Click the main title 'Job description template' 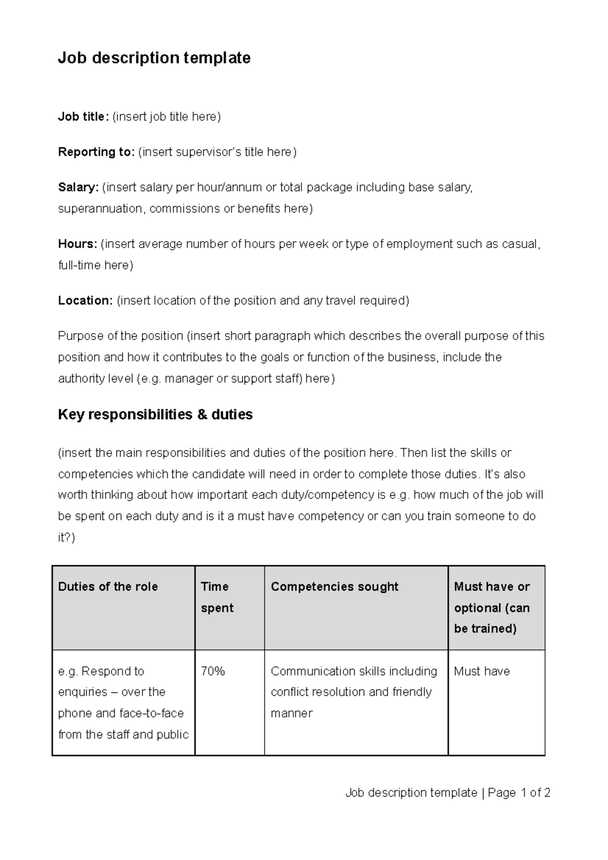click(x=154, y=58)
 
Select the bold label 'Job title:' click(x=83, y=117)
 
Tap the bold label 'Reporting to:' click(x=96, y=152)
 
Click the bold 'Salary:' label click(x=79, y=187)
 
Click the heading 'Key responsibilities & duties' click(x=155, y=415)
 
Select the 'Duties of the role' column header click(x=108, y=587)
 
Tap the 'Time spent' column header click(x=217, y=597)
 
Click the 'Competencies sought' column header click(x=334, y=587)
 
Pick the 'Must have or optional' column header click(x=491, y=607)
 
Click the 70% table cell click(x=213, y=671)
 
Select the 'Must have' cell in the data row click(x=482, y=671)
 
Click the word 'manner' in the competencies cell click(x=291, y=713)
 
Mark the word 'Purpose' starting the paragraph click(x=79, y=336)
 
